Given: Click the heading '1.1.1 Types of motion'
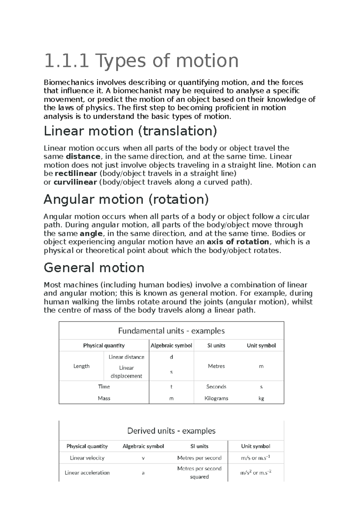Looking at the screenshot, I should pos(141,61).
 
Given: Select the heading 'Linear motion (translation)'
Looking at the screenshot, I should pos(130,131).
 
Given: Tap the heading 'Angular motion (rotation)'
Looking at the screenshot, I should pos(126,199).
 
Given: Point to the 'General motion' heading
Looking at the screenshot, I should pos(94,268).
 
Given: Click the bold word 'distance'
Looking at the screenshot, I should pos(83,156).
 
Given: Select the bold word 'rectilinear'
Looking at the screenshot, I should pos(76,173).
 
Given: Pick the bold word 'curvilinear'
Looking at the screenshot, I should pos(75,182).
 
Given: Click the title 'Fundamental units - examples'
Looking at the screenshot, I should pos(171,331).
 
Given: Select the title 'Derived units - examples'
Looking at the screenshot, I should pos(171,431).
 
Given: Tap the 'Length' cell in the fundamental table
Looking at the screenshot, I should pos(81,366).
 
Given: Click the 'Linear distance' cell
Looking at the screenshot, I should pos(126,357).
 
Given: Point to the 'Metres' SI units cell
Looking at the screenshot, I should pos(216,366).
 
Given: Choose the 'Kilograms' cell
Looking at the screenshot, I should pos(216,399).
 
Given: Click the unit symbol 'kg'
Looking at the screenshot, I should pos(261,399).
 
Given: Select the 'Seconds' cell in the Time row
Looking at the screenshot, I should pos(216,387).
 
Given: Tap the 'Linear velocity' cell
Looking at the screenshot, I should pos(87,458).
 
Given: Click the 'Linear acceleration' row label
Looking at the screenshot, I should pos(87,473).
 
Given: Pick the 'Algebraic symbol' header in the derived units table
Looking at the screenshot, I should pos(143,446).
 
